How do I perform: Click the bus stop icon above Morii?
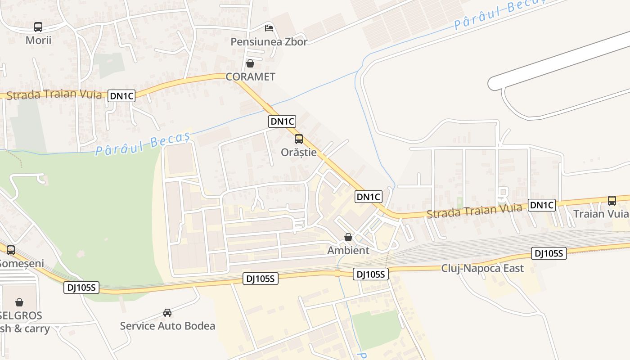click(x=38, y=27)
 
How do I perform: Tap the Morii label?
click(x=38, y=40)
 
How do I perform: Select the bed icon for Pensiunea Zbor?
click(x=269, y=28)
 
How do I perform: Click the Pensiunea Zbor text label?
click(x=269, y=42)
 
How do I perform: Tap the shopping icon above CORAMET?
click(x=250, y=63)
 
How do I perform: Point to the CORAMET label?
click(x=250, y=77)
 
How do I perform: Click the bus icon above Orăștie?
click(x=299, y=139)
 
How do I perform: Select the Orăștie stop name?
click(x=299, y=152)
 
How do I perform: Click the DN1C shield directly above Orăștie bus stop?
click(x=282, y=121)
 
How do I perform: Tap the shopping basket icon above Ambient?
click(x=348, y=237)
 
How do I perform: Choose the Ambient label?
click(x=348, y=250)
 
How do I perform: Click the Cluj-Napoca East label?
click(x=482, y=269)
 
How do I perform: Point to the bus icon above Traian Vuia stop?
click(x=612, y=201)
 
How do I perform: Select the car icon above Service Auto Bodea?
click(x=167, y=313)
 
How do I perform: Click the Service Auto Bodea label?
click(x=167, y=326)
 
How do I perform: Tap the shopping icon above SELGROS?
click(x=19, y=302)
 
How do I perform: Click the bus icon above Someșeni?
click(x=11, y=250)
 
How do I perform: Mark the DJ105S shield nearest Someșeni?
click(x=81, y=288)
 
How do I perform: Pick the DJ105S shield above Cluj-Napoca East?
click(x=549, y=253)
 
